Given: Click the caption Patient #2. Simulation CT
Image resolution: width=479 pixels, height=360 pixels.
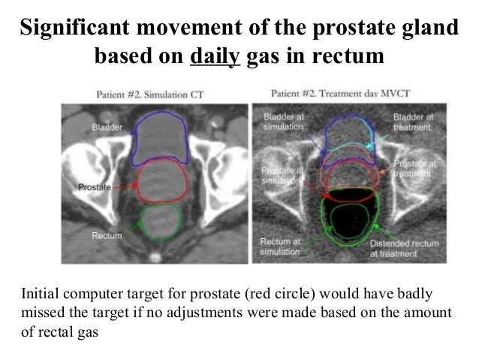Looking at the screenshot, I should point(150,95).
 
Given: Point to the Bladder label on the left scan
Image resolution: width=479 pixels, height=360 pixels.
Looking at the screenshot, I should point(107,126).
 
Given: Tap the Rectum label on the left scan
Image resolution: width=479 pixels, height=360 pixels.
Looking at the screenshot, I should point(106,236).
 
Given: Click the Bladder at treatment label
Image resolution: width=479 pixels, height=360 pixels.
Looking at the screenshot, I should point(413,123).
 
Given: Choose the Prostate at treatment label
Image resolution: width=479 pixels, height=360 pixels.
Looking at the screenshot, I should point(415,168).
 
